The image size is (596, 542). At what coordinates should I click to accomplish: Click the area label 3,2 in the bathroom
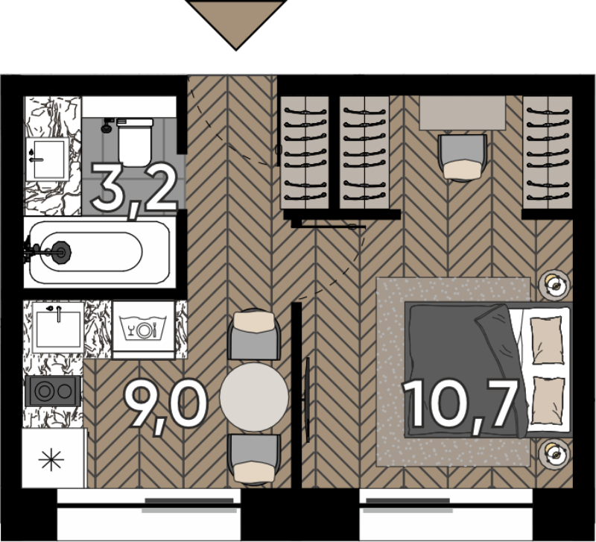pyautogui.click(x=135, y=189)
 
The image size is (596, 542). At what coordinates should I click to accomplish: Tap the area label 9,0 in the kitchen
pyautogui.click(x=166, y=406)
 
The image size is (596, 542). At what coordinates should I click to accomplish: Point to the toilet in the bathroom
pyautogui.click(x=135, y=142)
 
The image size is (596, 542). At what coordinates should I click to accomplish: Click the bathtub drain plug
pyautogui.click(x=60, y=251)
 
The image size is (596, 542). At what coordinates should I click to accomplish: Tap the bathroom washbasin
pyautogui.click(x=48, y=159)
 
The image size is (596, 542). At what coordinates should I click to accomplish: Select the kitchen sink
pyautogui.click(x=58, y=327)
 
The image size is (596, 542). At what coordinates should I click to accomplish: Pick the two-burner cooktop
pyautogui.click(x=53, y=391)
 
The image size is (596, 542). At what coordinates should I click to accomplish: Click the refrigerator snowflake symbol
pyautogui.click(x=51, y=459)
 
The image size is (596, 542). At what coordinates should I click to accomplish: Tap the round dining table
pyautogui.click(x=254, y=397)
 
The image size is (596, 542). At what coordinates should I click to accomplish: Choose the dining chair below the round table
pyautogui.click(x=254, y=459)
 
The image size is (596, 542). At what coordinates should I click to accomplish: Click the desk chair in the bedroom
pyautogui.click(x=462, y=157)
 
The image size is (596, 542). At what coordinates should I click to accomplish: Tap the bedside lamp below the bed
pyautogui.click(x=554, y=453)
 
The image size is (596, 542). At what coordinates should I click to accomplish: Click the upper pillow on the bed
pyautogui.click(x=548, y=340)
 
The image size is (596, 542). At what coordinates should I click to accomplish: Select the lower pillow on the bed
pyautogui.click(x=548, y=400)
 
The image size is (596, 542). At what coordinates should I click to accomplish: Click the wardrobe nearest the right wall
pyautogui.click(x=548, y=152)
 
